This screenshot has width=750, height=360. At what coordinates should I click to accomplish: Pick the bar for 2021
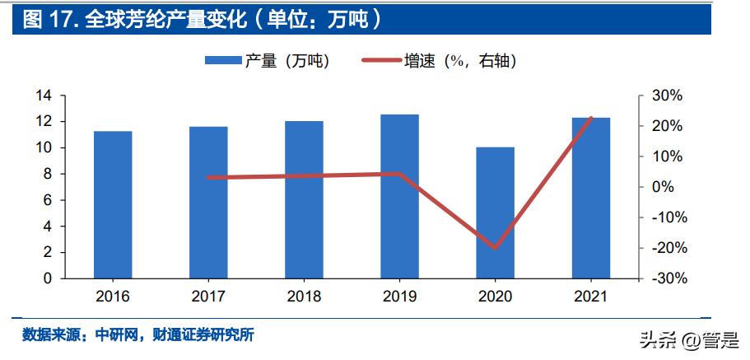pos(591,198)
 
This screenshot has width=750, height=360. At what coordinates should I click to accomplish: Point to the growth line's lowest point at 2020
pos(496,247)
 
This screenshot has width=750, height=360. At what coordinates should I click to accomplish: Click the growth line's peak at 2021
pos(591,118)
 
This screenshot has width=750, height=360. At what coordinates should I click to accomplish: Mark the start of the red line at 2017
pos(208,177)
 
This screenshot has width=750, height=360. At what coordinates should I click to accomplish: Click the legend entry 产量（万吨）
pos(268,60)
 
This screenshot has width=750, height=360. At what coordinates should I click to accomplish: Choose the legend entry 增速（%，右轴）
pos(440,60)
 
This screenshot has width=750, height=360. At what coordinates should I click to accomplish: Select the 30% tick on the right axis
pos(666,96)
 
